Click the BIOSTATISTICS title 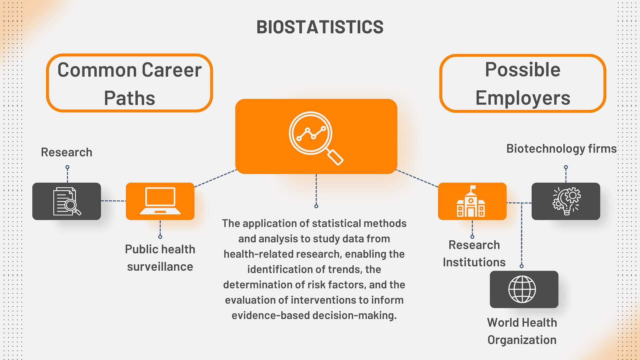click(x=320, y=27)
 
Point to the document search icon click(x=67, y=201)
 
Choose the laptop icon click(x=160, y=201)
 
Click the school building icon click(x=471, y=201)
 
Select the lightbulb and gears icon click(x=566, y=201)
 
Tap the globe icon click(x=522, y=289)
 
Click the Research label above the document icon click(x=67, y=152)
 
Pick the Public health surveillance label click(x=160, y=258)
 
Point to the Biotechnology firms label click(x=562, y=149)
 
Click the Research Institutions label click(x=474, y=254)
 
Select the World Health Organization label click(x=522, y=331)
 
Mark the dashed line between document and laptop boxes click(x=113, y=201)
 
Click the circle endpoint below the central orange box click(x=316, y=206)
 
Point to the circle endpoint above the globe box click(x=522, y=266)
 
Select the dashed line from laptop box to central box click(x=215, y=178)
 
